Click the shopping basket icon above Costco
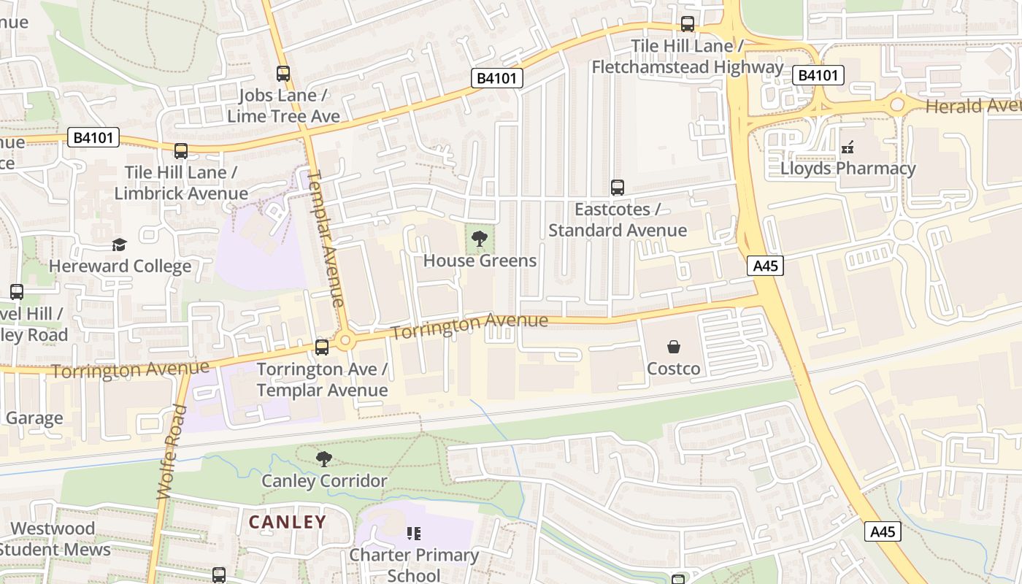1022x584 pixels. pos(673,346)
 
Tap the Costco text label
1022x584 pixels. pos(673,369)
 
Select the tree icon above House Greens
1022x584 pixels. pos(480,238)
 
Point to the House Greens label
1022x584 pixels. pos(480,261)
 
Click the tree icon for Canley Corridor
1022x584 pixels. pos(323,458)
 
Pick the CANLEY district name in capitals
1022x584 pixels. pos(288,522)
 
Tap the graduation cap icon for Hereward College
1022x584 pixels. pos(119,245)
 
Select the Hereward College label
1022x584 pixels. pos(120,266)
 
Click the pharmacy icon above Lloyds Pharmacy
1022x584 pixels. pos(848,148)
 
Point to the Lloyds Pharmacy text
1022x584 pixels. pos(848,169)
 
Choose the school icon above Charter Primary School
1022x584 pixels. pos(414,534)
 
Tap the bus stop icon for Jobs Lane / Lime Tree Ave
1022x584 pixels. pos(283,74)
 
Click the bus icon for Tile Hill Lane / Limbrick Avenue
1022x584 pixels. pos(180,151)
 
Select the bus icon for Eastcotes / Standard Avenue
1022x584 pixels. pos(618,188)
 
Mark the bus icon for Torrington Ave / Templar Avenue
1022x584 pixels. pos(322,347)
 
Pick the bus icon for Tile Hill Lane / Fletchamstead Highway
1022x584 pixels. pos(687,24)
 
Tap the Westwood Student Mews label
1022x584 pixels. pos(55,539)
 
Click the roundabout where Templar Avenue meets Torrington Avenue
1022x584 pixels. pos(345,339)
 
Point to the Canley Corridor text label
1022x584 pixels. pos(324,481)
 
